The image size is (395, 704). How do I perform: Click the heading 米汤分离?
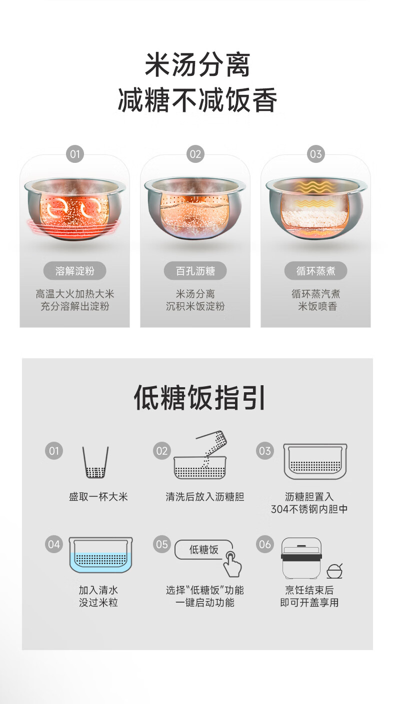[x=197, y=65]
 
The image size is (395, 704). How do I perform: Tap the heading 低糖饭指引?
[x=199, y=398]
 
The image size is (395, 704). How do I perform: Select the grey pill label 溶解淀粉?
[x=75, y=271]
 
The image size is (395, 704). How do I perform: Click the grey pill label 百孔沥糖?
[x=195, y=271]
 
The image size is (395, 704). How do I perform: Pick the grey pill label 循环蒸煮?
[x=315, y=271]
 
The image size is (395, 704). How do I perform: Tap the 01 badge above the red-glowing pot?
[x=75, y=154]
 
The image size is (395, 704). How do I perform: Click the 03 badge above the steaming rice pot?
[x=315, y=154]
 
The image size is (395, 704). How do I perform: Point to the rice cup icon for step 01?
[x=95, y=462]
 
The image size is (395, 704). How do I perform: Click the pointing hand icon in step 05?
[x=232, y=565]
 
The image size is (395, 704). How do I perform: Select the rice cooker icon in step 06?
[x=301, y=558]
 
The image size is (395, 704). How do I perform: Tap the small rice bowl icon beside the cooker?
[x=334, y=572]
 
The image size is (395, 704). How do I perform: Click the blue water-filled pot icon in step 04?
[x=100, y=555]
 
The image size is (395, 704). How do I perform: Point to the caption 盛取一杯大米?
[x=98, y=497]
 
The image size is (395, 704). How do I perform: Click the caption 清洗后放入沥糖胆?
[x=204, y=497]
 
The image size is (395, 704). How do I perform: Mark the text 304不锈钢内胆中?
[x=309, y=509]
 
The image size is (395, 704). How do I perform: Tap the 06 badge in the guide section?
[x=265, y=544]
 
